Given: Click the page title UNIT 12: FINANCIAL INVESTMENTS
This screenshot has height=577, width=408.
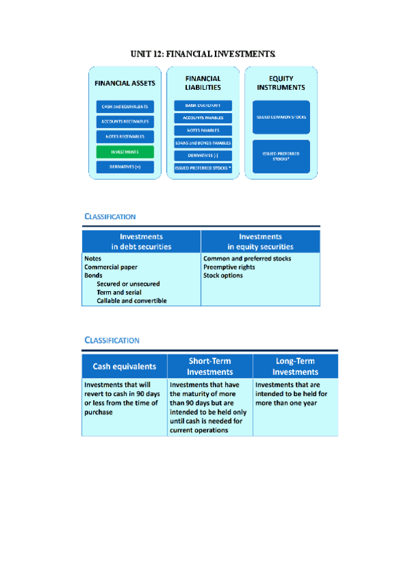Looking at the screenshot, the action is pyautogui.click(x=203, y=52).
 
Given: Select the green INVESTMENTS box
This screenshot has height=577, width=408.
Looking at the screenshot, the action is pyautogui.click(x=125, y=152).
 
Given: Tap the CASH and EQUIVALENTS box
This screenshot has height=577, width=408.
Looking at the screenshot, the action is pyautogui.click(x=125, y=107).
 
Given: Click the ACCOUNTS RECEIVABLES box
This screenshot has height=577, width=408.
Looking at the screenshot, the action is pyautogui.click(x=125, y=122).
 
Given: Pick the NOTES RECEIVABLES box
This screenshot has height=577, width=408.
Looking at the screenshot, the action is pyautogui.click(x=125, y=137).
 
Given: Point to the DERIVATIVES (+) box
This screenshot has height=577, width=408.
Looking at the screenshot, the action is pyautogui.click(x=125, y=167).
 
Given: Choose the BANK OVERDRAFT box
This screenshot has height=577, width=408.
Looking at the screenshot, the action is pyautogui.click(x=203, y=105).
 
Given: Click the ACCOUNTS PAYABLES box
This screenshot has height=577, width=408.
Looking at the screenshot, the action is pyautogui.click(x=203, y=118).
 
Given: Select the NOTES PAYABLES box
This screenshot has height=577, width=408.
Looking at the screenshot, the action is pyautogui.click(x=203, y=130).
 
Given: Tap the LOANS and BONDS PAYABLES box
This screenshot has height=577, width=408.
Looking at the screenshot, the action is pyautogui.click(x=203, y=143).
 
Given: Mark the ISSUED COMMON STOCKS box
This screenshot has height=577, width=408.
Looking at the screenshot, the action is pyautogui.click(x=281, y=117).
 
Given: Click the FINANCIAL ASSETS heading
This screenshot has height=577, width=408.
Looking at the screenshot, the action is pyautogui.click(x=125, y=83).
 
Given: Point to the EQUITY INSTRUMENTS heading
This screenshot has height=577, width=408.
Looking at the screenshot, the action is pyautogui.click(x=281, y=83).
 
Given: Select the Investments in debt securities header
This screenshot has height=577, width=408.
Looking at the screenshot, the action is pyautogui.click(x=141, y=242).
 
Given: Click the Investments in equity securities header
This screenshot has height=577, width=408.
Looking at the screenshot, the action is pyautogui.click(x=260, y=242).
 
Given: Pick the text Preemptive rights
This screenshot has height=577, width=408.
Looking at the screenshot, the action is pyautogui.click(x=229, y=267).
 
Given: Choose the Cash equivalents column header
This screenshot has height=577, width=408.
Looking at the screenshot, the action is pyautogui.click(x=124, y=366).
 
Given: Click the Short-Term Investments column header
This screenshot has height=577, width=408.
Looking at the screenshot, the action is pyautogui.click(x=210, y=366).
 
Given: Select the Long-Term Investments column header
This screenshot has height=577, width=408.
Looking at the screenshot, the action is pyautogui.click(x=295, y=366).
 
